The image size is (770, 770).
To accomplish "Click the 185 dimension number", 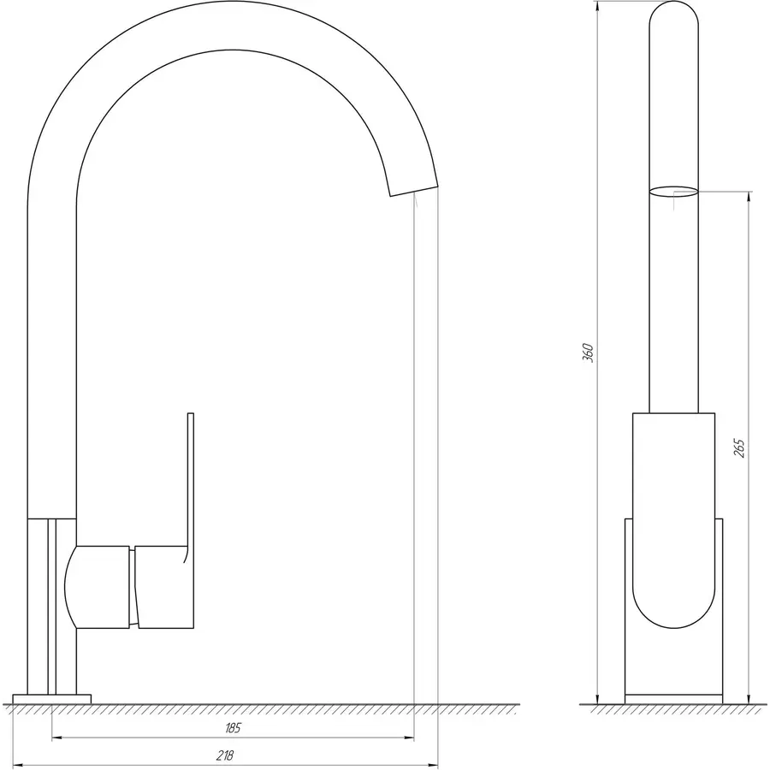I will [234, 728].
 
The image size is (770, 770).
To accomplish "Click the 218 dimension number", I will [224, 755].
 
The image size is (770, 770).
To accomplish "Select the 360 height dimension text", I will [587, 352].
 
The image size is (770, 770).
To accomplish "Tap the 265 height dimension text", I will [740, 447].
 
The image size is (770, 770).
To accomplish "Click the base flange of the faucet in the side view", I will [51, 699].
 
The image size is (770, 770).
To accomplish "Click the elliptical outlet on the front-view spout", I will [673, 192].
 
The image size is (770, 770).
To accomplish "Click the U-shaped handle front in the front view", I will [673, 590].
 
